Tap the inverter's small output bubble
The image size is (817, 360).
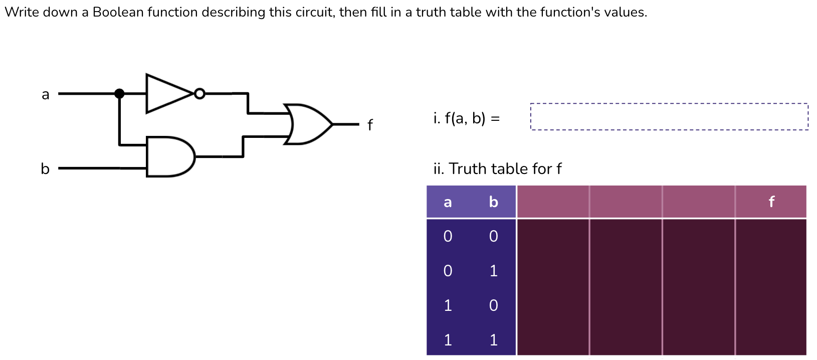[x=199, y=93]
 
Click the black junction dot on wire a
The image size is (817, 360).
[x=119, y=93]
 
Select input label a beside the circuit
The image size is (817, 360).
[x=46, y=94]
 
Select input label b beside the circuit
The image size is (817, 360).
[x=45, y=168]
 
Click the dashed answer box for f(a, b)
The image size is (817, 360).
[x=669, y=117]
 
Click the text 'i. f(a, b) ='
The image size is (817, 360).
[x=466, y=118]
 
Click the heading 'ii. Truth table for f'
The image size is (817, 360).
[x=497, y=168]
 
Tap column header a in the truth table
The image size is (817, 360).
[x=448, y=202]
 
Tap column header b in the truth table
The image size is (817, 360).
[x=493, y=202]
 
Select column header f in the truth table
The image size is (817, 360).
[x=771, y=202]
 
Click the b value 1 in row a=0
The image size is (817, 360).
[x=493, y=271]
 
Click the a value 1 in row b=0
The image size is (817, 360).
[x=448, y=305]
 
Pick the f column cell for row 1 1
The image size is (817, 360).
[x=771, y=340]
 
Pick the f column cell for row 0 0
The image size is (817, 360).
[x=771, y=236]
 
